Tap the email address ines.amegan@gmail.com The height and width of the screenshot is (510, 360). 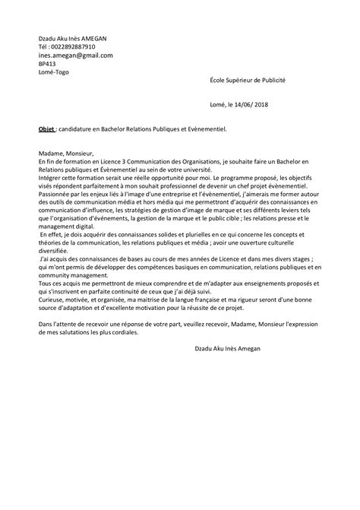[75, 55]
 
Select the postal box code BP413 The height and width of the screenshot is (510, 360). [47, 65]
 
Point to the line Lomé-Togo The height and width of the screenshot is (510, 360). [54, 73]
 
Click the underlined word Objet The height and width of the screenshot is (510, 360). [46, 129]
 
